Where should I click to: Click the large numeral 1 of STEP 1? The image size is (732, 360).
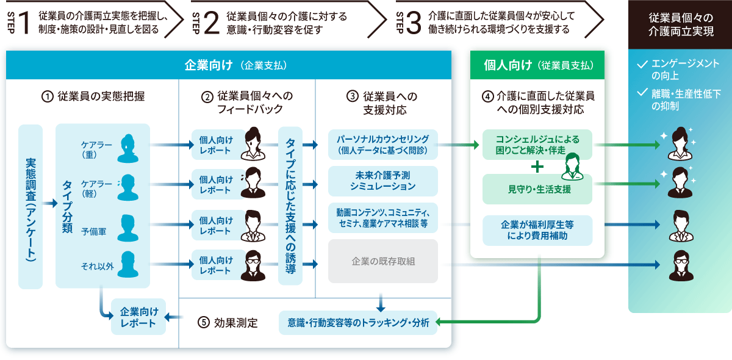24,23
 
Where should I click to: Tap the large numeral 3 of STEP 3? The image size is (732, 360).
413,23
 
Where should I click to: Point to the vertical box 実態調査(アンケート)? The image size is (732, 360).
30,206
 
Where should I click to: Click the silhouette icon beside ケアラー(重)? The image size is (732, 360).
128,148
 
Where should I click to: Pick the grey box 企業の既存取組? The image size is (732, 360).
383,261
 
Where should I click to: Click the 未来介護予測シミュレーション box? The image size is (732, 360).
383,181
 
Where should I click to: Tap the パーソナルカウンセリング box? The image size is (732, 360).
383,144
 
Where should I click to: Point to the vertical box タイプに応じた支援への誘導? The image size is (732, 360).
290,206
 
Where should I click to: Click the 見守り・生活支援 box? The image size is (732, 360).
537,189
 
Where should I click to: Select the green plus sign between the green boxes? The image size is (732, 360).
537,167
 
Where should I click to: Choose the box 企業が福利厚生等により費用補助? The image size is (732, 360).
537,230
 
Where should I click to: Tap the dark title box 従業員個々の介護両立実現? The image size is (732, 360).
680,25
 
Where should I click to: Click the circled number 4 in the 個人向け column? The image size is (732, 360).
487,96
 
